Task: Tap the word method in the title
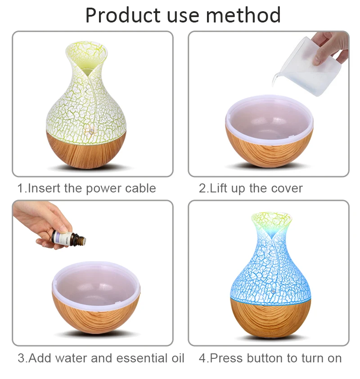click(243, 15)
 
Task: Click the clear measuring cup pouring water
click(308, 67)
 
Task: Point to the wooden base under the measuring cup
click(269, 149)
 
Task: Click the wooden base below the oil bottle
click(96, 314)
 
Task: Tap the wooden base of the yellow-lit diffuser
click(86, 149)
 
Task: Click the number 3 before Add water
click(21, 358)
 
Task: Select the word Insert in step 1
click(44, 188)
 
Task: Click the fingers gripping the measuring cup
click(329, 49)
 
